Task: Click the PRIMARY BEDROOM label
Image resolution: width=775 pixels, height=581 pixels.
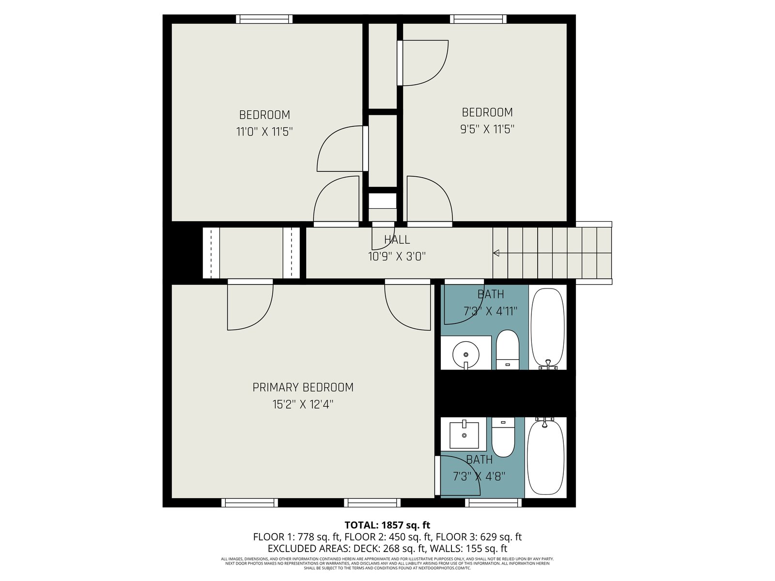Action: (303, 387)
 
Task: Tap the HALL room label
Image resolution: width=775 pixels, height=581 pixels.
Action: (397, 240)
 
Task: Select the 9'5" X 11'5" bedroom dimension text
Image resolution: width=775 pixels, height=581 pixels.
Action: (487, 129)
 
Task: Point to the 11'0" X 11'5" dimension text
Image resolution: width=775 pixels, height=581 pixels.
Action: (264, 132)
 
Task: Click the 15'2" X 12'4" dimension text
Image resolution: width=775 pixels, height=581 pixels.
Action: (303, 404)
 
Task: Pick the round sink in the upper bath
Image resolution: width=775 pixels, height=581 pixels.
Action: (465, 354)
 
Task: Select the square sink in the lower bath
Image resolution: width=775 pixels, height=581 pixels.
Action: (464, 435)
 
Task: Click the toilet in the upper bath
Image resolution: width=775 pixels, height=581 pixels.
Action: (507, 350)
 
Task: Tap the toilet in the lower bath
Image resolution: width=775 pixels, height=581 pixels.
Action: (503, 437)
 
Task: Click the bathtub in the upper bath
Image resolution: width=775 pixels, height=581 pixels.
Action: (548, 328)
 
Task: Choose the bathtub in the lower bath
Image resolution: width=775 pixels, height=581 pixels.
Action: (545, 457)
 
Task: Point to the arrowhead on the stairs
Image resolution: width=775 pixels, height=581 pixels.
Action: (496, 253)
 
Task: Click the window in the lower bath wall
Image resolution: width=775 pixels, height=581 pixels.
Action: (493, 503)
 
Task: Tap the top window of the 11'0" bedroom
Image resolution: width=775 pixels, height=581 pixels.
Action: (264, 19)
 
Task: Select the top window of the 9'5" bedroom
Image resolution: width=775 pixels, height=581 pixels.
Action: (478, 19)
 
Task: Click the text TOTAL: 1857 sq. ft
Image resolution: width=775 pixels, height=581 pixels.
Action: (387, 525)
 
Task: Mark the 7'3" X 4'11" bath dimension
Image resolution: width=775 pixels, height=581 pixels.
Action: (490, 311)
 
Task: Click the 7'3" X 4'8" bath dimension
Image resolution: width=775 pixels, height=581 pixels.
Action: (479, 476)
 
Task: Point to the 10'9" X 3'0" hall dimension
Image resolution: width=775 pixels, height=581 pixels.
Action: (397, 256)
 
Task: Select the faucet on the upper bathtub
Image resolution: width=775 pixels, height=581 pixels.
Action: (548, 364)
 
